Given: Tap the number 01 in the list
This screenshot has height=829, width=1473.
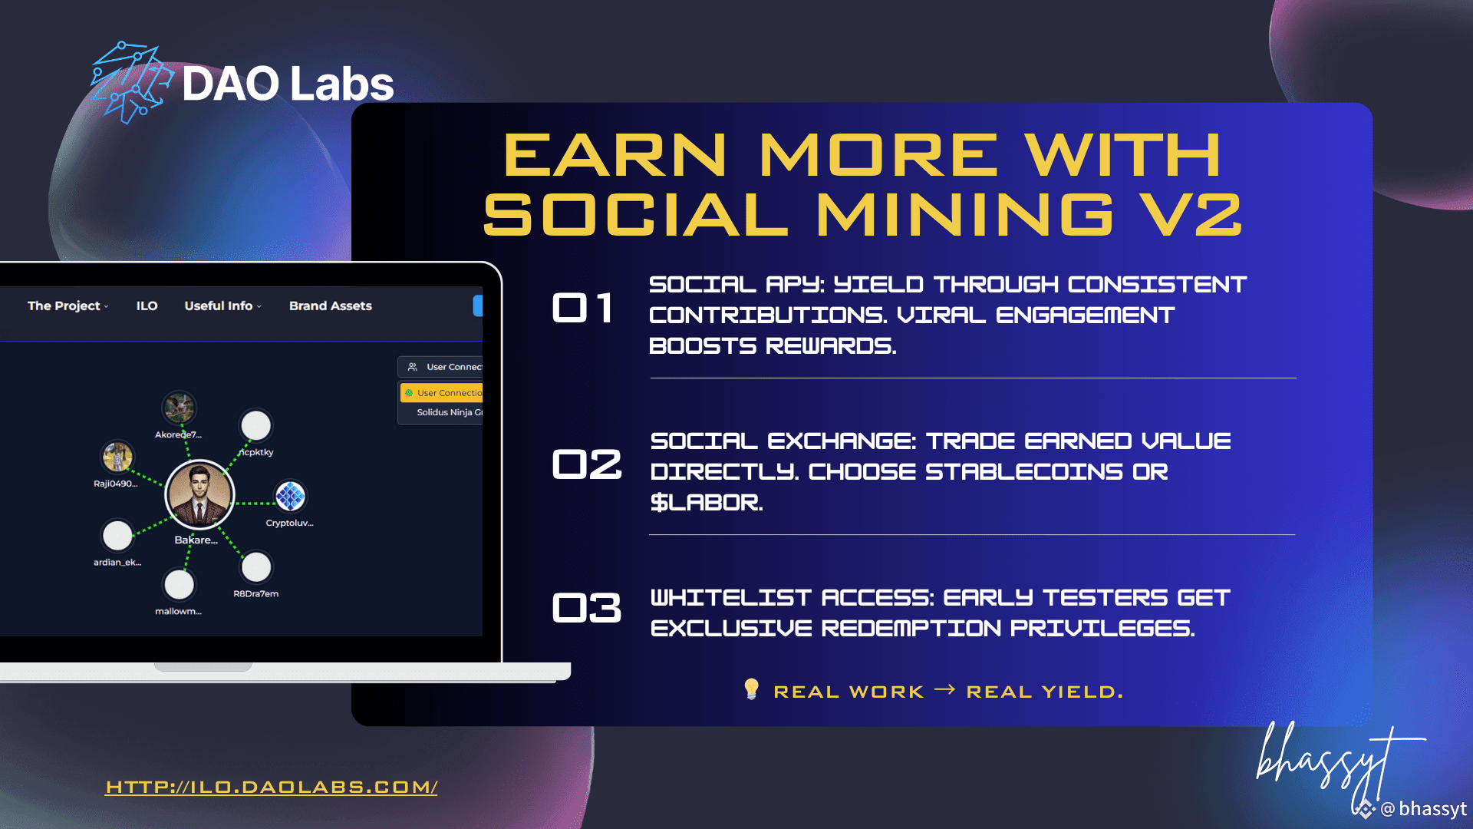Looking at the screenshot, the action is point(582,308).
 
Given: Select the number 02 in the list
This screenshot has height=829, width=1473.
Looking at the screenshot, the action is point(587,464).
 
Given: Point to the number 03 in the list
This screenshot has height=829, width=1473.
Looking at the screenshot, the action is point(587,608).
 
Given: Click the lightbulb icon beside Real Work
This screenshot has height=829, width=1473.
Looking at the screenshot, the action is point(752,689).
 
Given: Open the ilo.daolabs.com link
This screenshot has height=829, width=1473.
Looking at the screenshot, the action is point(272,787).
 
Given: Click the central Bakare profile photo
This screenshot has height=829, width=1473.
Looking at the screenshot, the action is point(199,495).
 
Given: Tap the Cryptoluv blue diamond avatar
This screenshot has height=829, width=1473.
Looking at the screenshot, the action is point(290,496).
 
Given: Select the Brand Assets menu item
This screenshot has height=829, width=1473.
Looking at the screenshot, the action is point(331,306).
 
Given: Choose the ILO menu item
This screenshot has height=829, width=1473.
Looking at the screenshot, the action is point(147,306).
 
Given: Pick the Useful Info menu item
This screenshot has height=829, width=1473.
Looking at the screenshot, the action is point(222,306).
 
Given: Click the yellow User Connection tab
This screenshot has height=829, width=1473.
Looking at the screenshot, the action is point(442,393).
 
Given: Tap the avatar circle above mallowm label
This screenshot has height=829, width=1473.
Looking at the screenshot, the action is point(180,585).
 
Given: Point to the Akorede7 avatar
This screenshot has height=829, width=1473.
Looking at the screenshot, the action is point(180,408).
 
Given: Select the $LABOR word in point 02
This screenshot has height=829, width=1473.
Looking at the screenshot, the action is point(707,503).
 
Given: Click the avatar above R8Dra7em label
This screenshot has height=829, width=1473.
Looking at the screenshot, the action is point(256,567).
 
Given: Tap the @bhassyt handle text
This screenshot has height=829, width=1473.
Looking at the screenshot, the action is point(1423,809).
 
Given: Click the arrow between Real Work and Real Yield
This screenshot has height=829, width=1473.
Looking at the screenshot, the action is point(944,690).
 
